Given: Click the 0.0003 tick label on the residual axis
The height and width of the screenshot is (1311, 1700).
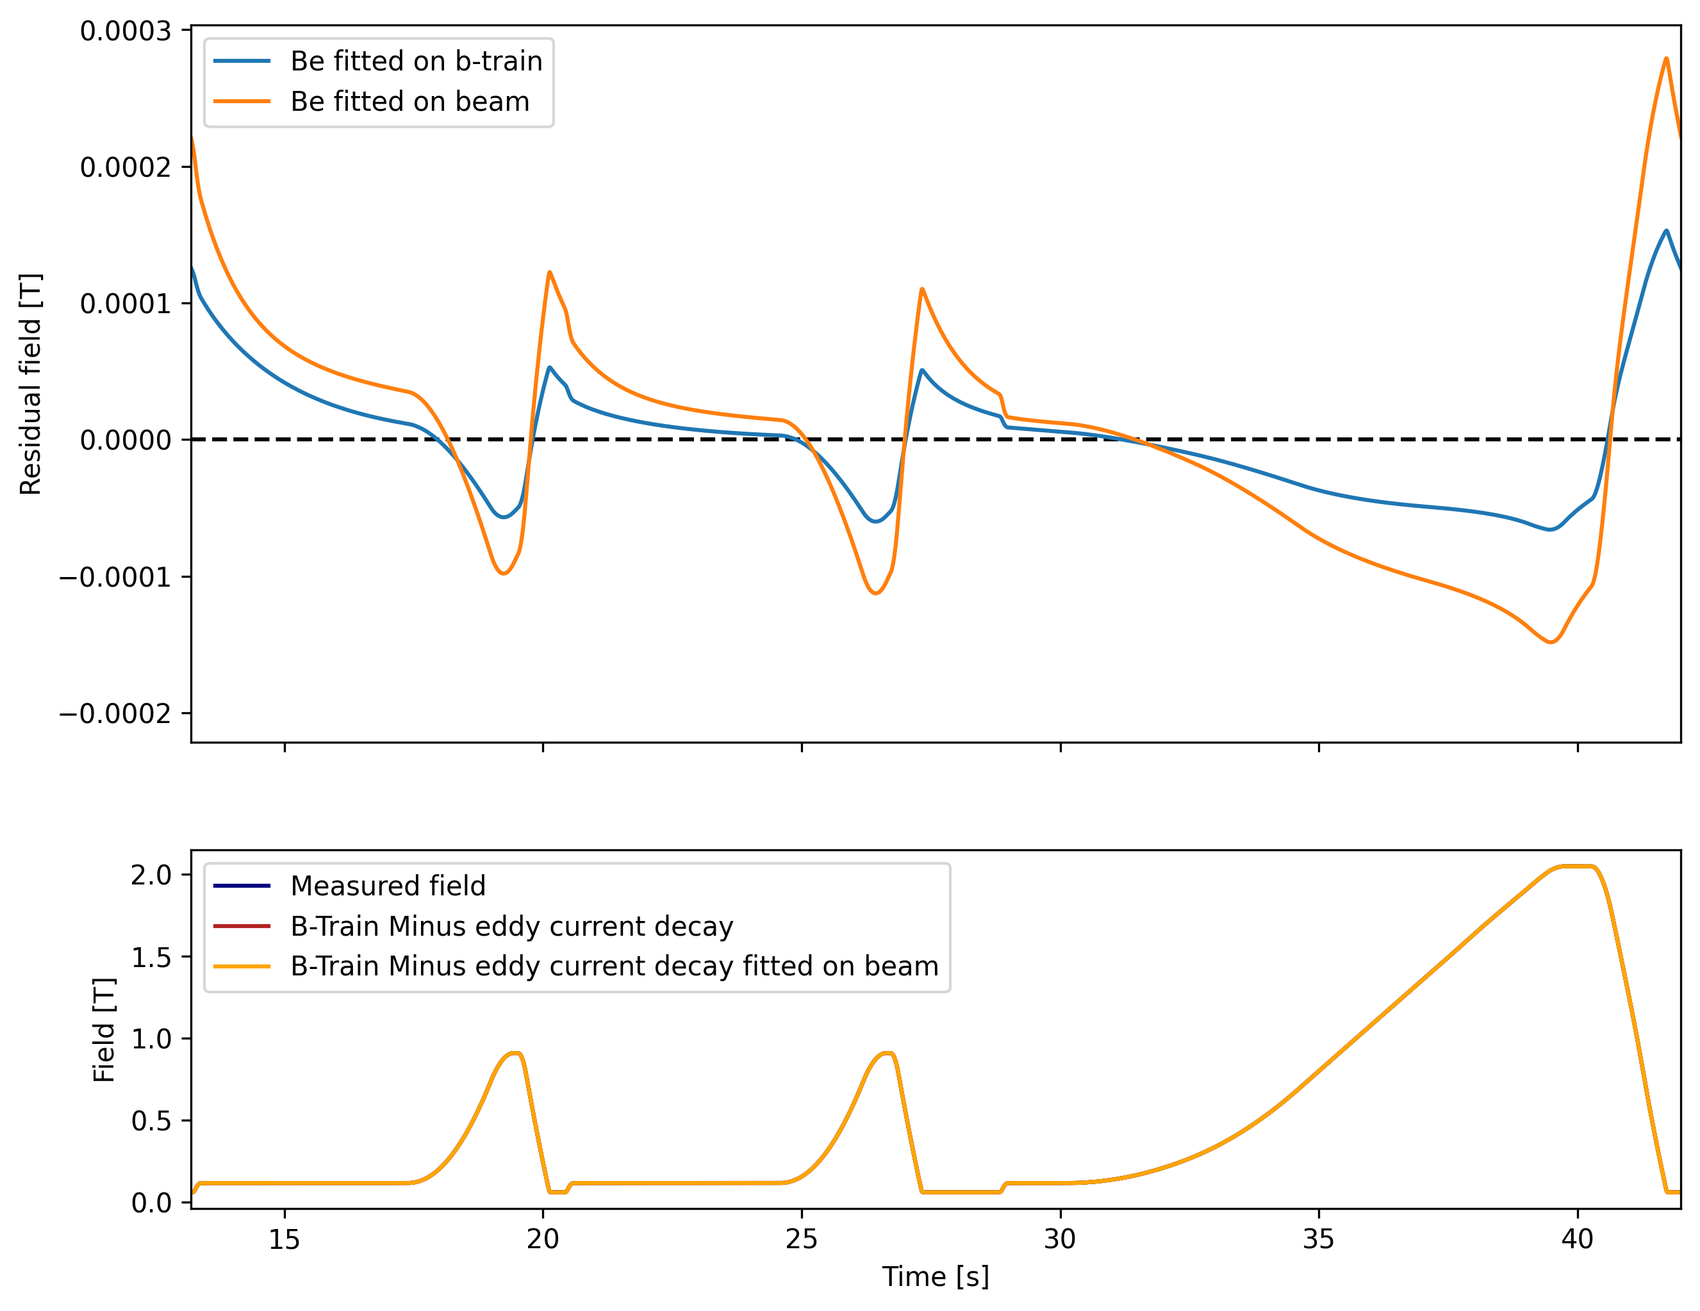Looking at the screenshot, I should pyautogui.click(x=126, y=31).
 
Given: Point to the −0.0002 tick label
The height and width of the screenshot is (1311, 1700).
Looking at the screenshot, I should pyautogui.click(x=115, y=713).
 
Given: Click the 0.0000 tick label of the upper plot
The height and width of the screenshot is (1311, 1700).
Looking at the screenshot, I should pyautogui.click(x=126, y=441).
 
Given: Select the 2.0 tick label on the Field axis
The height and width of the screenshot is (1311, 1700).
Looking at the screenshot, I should pyautogui.click(x=151, y=875).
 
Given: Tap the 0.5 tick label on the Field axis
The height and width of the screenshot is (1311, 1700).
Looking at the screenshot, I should pyautogui.click(x=151, y=1121).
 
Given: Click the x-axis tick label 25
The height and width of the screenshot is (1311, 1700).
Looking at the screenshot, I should pyautogui.click(x=802, y=1239).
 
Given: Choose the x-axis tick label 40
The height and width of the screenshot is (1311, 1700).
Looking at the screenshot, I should pyautogui.click(x=1578, y=1239).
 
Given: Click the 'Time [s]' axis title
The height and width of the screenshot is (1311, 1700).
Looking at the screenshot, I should pyautogui.click(x=936, y=1277).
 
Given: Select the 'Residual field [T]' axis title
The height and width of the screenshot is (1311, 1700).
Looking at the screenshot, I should pyautogui.click(x=31, y=384).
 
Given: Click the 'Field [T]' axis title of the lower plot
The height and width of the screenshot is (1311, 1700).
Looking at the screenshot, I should pyautogui.click(x=104, y=1030).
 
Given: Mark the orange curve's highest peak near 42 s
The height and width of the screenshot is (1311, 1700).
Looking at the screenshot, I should pyautogui.click(x=1666, y=58).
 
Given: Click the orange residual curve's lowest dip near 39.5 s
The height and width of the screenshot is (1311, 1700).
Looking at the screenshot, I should pyautogui.click(x=1551, y=642).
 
